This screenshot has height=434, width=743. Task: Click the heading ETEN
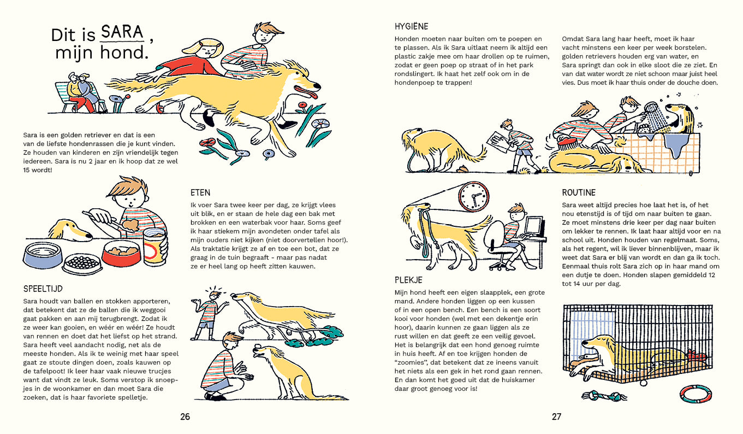pos(200,192)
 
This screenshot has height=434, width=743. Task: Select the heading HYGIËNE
pos(411,26)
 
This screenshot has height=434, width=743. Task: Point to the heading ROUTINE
pos(579,192)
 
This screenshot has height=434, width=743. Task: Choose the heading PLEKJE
pos(408,280)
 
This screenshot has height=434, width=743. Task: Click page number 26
pos(185,417)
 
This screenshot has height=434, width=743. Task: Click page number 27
pos(556,417)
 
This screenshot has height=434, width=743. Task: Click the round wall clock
pos(473,196)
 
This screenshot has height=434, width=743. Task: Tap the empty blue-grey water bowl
pos(43,255)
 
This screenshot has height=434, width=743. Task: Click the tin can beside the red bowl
pos(154,247)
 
